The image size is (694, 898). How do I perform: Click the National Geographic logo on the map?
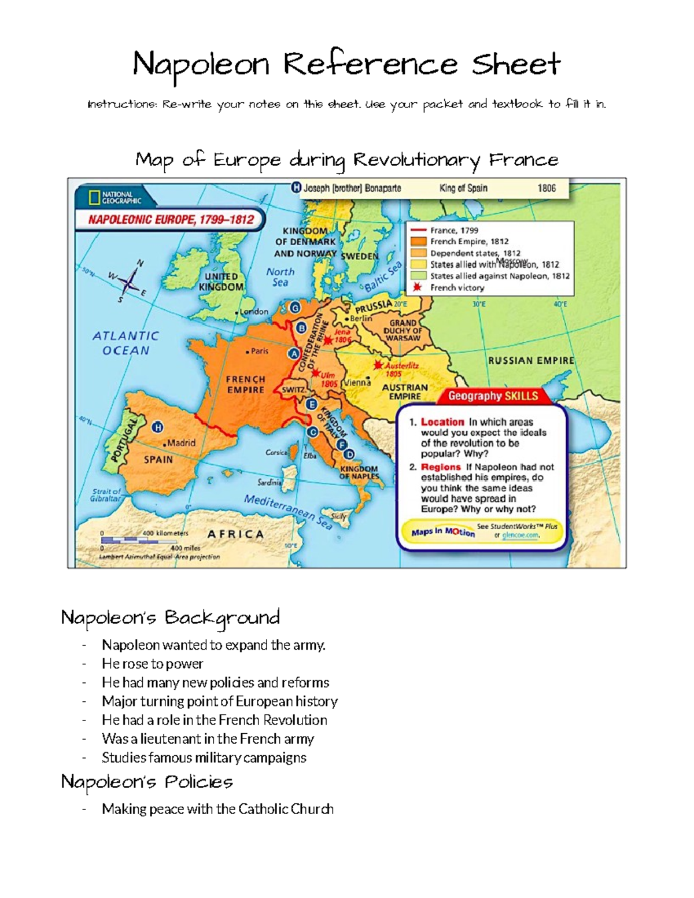115,197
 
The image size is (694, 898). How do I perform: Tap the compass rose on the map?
130,283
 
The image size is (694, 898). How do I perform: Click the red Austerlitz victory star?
378,365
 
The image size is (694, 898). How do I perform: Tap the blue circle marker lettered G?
295,308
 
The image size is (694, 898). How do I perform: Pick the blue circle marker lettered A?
294,353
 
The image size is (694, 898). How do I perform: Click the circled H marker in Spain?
157,427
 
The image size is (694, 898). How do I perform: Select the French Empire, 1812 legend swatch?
418,242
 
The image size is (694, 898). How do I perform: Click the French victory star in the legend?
418,287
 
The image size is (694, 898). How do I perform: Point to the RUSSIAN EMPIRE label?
531,361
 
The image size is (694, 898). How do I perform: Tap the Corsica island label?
276,452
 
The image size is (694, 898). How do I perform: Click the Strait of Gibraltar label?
106,495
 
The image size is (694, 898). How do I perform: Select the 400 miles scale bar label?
185,548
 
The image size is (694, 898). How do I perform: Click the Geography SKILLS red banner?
493,396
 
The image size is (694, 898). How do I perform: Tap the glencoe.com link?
520,535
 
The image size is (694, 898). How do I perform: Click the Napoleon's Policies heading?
147,782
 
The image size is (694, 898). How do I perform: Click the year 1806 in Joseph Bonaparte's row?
546,188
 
